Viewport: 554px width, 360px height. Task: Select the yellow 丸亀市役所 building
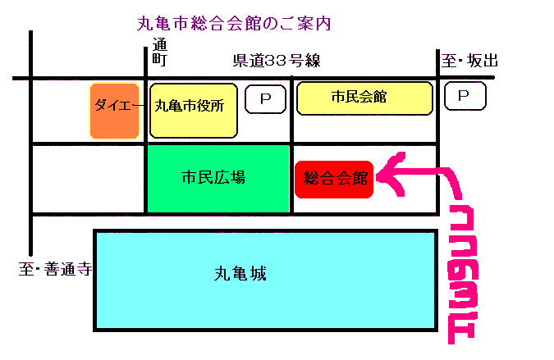click(x=194, y=110)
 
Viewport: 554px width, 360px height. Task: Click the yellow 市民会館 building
click(x=364, y=98)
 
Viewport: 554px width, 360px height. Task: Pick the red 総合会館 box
click(x=334, y=179)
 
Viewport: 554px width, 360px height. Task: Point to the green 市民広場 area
click(x=218, y=179)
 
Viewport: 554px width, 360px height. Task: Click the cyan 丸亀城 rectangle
click(x=265, y=280)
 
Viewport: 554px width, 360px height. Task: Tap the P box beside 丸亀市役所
click(x=265, y=99)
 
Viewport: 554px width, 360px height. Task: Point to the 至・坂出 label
click(x=469, y=61)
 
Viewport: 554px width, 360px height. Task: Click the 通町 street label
click(x=159, y=54)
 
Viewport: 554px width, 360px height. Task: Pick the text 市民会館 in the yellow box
click(x=359, y=97)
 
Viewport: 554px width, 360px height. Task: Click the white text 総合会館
click(x=335, y=178)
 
